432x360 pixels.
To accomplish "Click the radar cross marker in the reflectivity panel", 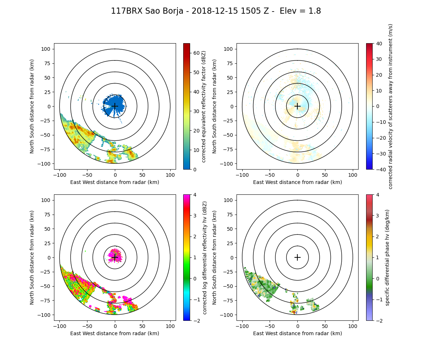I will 115,106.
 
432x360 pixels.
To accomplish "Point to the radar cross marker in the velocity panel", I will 297,106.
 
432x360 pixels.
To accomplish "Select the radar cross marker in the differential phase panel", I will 297,257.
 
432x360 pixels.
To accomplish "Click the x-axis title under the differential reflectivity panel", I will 115,333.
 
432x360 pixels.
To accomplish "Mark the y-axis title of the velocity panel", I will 215,106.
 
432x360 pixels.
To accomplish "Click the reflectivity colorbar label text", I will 203,106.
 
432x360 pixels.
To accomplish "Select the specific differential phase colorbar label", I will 387,257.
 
